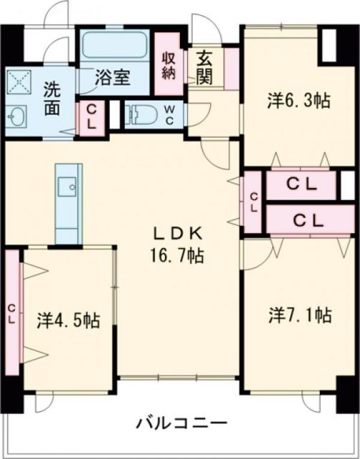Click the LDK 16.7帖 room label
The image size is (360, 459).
pos(179,244)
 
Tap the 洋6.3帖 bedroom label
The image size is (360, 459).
pos(299,101)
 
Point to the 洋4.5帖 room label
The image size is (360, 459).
pos(67,321)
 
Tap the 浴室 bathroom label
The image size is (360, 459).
pos(114,78)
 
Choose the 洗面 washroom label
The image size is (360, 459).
pos(51,100)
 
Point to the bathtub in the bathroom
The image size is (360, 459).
pos(114,47)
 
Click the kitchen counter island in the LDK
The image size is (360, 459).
pos(69,204)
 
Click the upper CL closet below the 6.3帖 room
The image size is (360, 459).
pos(301,184)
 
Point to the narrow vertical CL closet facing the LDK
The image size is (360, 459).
pos(253,201)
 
